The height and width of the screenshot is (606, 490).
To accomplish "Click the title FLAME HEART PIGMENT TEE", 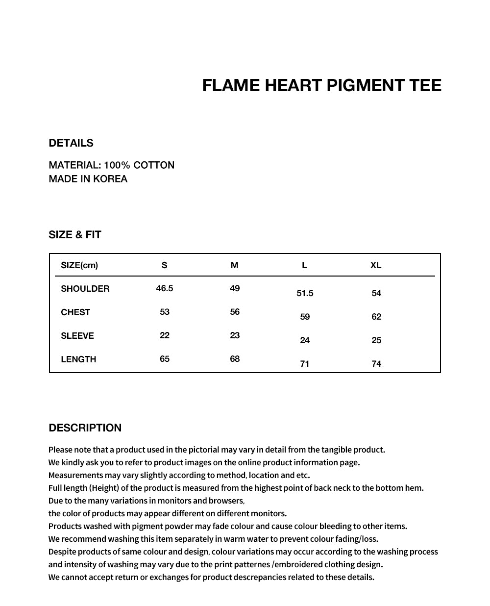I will click(x=321, y=86).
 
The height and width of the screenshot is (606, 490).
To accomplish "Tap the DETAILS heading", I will click(x=71, y=143).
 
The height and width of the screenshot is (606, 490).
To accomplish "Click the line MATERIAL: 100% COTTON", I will click(x=112, y=165).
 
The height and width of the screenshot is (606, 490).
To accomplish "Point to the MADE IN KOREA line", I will click(x=88, y=179).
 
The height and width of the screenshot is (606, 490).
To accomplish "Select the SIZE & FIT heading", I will click(x=75, y=235).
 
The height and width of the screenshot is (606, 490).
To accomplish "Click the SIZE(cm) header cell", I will click(x=79, y=265).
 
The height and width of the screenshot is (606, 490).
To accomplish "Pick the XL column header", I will click(x=376, y=265).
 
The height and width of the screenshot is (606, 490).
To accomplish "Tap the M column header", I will click(x=235, y=265).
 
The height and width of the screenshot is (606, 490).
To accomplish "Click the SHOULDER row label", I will click(x=85, y=289).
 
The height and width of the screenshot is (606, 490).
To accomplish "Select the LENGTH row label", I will click(x=78, y=359).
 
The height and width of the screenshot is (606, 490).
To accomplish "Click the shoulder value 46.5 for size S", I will click(x=165, y=288).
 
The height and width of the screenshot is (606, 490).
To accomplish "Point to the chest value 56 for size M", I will click(x=235, y=312).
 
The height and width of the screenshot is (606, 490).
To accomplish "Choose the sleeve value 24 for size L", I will click(x=305, y=340).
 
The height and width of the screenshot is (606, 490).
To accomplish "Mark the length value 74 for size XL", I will click(x=376, y=364).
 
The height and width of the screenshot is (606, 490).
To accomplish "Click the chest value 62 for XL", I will click(x=376, y=317).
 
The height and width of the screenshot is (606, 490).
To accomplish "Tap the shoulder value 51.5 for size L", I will click(x=305, y=293).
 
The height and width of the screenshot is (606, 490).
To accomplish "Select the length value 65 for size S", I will click(x=165, y=359).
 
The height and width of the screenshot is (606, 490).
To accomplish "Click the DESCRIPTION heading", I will click(x=85, y=428).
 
